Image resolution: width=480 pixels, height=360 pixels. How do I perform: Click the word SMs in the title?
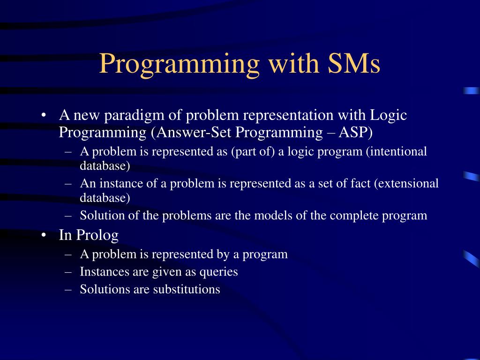[353, 63]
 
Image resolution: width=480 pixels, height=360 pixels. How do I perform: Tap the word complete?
[354, 216]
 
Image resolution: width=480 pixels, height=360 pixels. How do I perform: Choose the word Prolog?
[97, 235]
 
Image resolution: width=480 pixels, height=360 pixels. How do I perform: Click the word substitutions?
[187, 289]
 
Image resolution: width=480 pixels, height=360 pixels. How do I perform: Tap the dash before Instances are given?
[68, 272]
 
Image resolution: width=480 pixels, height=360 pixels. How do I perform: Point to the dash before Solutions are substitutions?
[68, 289]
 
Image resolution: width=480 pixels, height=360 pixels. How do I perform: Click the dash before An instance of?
[68, 184]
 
